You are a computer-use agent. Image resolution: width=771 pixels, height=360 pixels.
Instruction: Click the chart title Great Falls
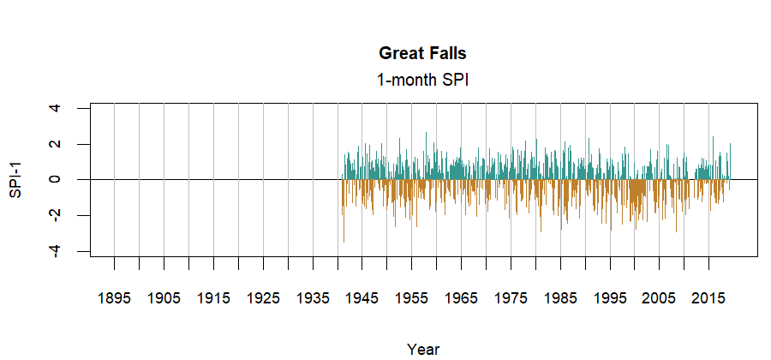point(422,53)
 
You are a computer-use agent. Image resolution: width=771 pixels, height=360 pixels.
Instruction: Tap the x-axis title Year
point(423,349)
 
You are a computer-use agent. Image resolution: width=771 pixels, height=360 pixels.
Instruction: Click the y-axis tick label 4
point(55,108)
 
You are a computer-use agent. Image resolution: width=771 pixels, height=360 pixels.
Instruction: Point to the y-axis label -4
point(55,250)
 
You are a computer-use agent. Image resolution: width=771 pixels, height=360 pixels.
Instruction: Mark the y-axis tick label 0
point(55,179)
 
